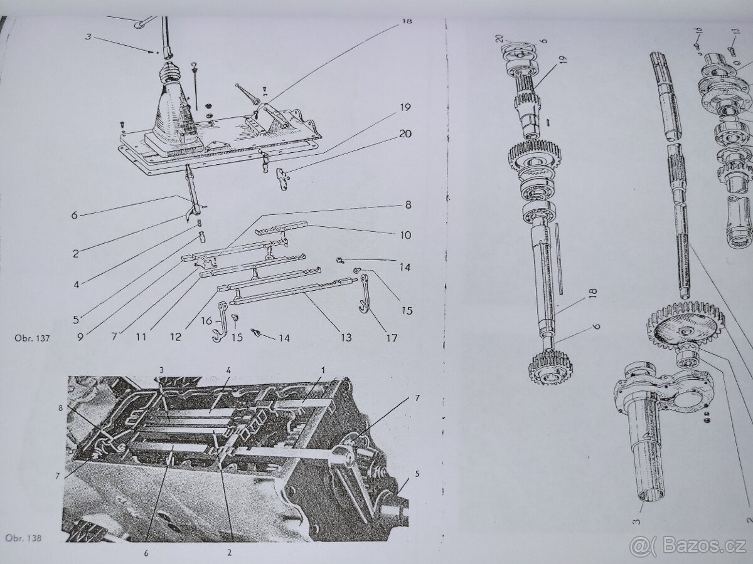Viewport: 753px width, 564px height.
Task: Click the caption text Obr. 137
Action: (x=32, y=338)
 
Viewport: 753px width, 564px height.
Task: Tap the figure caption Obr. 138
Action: (x=24, y=538)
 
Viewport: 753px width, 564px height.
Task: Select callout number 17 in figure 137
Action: (x=392, y=338)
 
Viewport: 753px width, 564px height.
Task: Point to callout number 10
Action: (x=405, y=235)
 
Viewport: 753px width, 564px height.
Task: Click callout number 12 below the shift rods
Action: (x=175, y=337)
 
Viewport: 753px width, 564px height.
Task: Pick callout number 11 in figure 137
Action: (x=141, y=337)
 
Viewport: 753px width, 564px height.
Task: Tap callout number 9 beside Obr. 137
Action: (x=80, y=337)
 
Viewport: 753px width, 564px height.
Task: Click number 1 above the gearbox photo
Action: (x=323, y=370)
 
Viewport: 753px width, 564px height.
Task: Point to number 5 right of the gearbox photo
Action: (x=417, y=474)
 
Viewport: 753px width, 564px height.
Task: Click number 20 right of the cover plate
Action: (x=405, y=133)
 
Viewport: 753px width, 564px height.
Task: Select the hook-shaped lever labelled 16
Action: (x=220, y=322)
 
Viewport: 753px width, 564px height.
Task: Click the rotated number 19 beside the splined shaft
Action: (x=563, y=60)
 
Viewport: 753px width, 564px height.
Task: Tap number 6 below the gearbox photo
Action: (x=146, y=554)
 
